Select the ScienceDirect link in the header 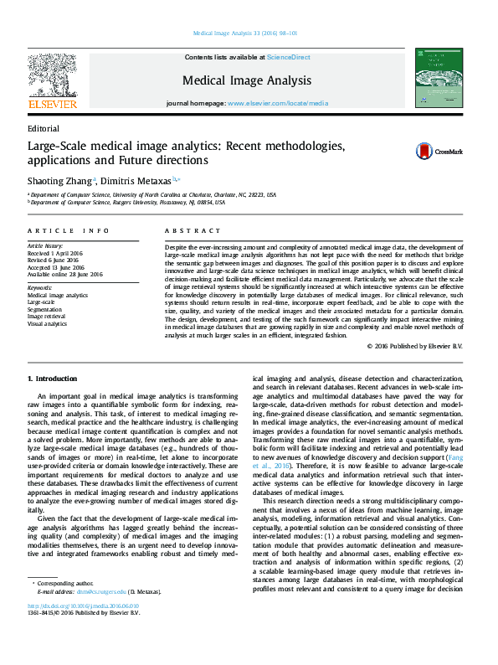point(288,57)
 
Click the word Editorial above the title point(44,129)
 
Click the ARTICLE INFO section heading point(68,230)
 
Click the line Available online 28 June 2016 point(65,274)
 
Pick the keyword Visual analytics point(48,322)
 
